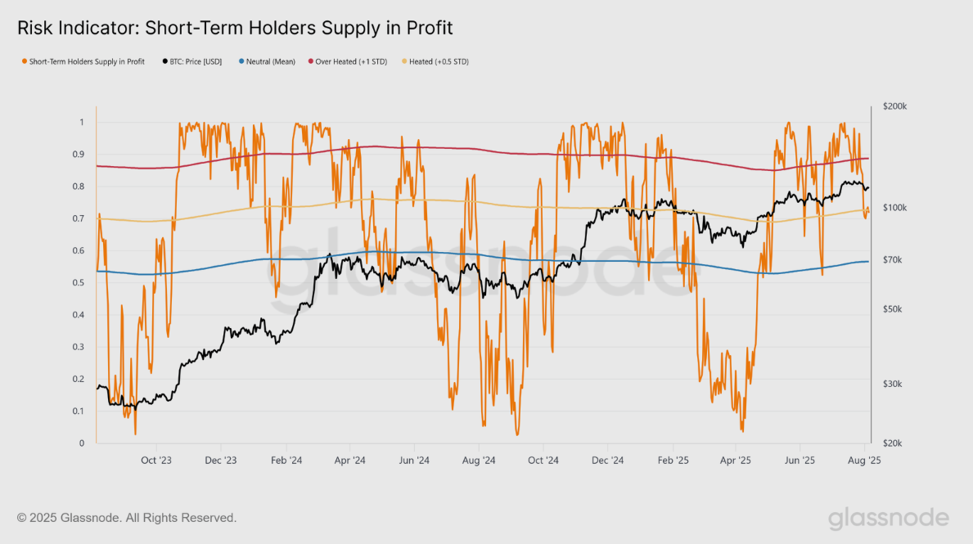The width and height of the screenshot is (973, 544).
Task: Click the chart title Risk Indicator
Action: pyautogui.click(x=235, y=28)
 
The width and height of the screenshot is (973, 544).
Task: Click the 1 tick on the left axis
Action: pyautogui.click(x=81, y=123)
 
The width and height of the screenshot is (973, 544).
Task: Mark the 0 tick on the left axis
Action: pyautogui.click(x=81, y=443)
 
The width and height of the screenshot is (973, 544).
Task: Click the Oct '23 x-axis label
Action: pyautogui.click(x=156, y=461)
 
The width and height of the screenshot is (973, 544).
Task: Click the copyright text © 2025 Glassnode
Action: pyautogui.click(x=127, y=518)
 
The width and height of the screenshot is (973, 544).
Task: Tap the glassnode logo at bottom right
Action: pyautogui.click(x=888, y=518)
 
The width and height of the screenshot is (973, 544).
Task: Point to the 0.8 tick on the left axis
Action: pyautogui.click(x=79, y=187)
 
